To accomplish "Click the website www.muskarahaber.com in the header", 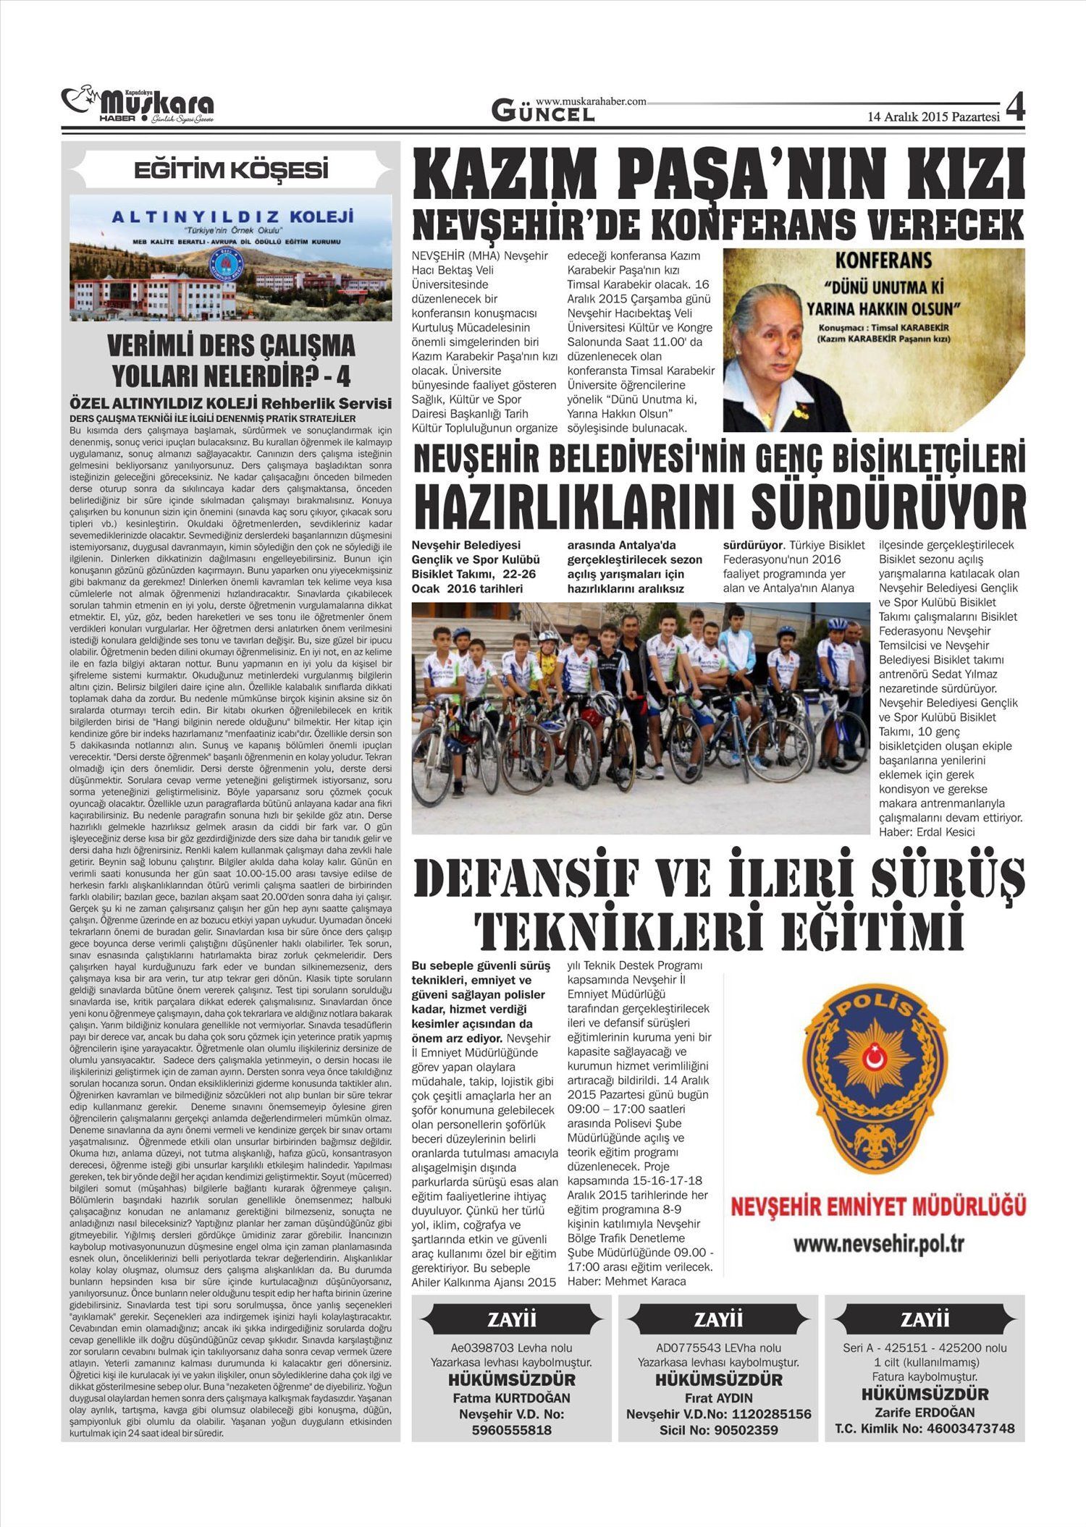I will [x=591, y=102].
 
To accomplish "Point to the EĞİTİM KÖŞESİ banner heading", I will [x=231, y=170].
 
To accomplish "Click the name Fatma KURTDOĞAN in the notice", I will [x=511, y=1397].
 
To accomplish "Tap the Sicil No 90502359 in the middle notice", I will [x=719, y=1430].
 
